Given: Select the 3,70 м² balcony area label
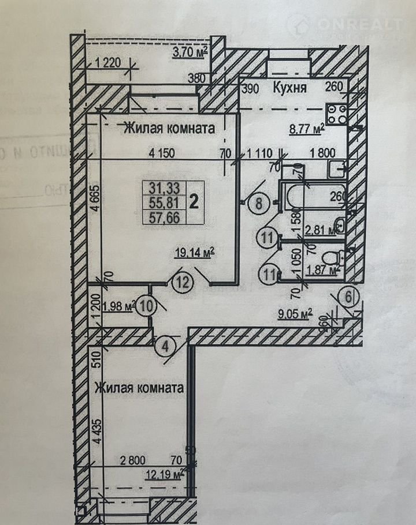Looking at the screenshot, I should pos(190,55).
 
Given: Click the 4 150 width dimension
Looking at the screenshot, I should pos(161,153).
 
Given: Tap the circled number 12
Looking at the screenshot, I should pos(181,283).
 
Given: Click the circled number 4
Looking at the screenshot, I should pos(165,347).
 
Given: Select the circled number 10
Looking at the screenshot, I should pos(147,305).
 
